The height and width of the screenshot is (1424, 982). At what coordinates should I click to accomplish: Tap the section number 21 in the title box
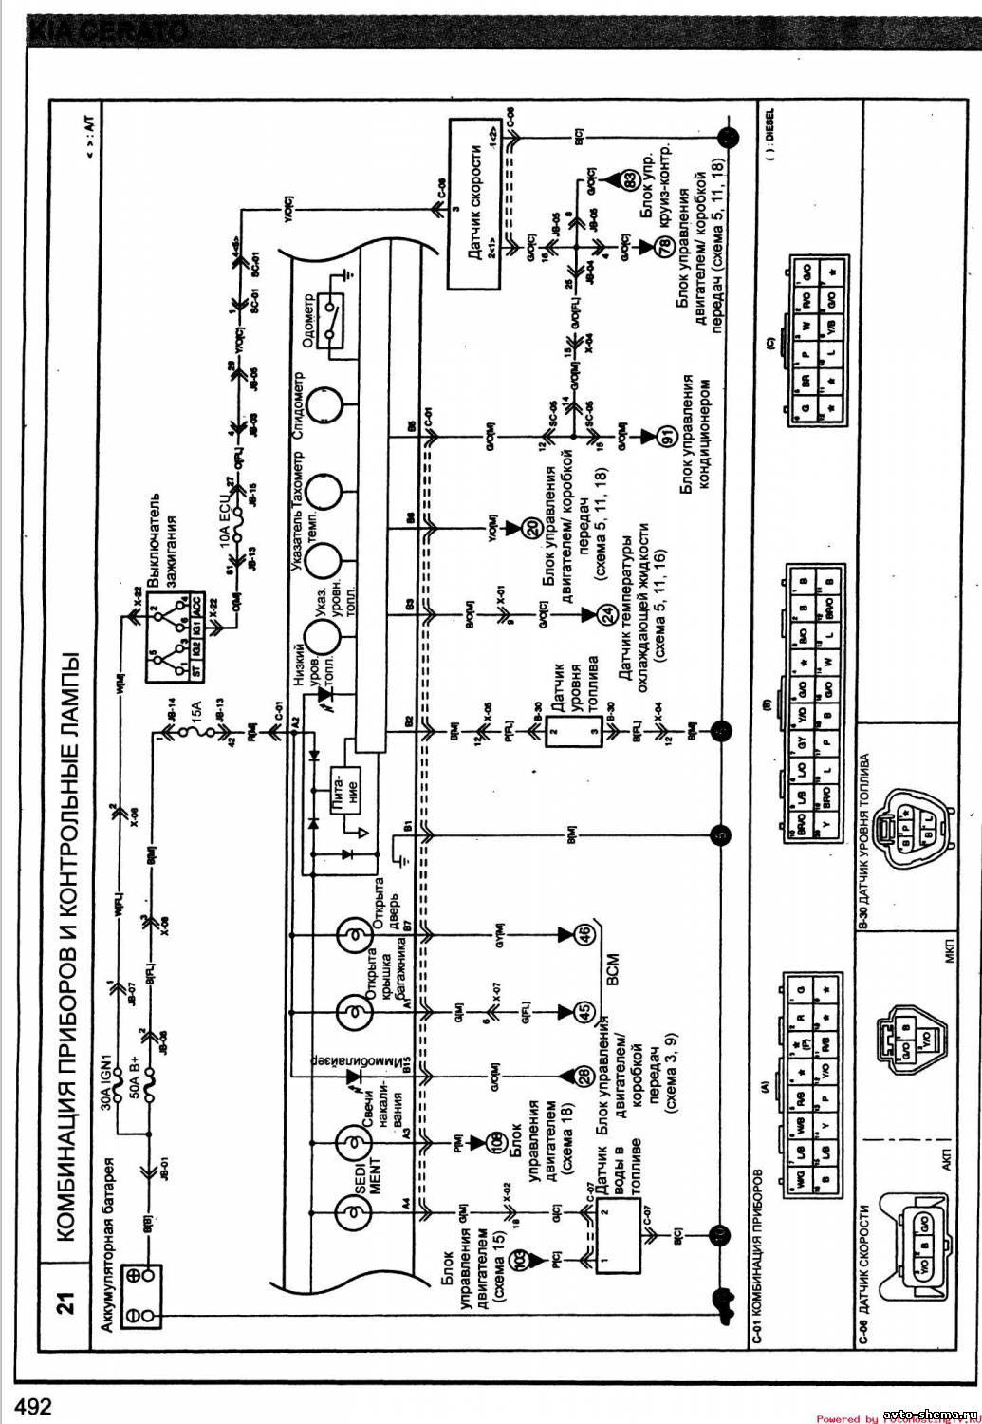[64, 1303]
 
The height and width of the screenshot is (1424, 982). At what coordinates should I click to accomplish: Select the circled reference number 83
[628, 180]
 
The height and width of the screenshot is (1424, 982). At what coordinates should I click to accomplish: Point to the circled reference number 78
[661, 246]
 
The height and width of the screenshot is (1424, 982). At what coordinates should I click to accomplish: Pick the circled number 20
[531, 528]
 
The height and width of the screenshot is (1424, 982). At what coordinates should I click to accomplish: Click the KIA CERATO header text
[109, 32]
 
